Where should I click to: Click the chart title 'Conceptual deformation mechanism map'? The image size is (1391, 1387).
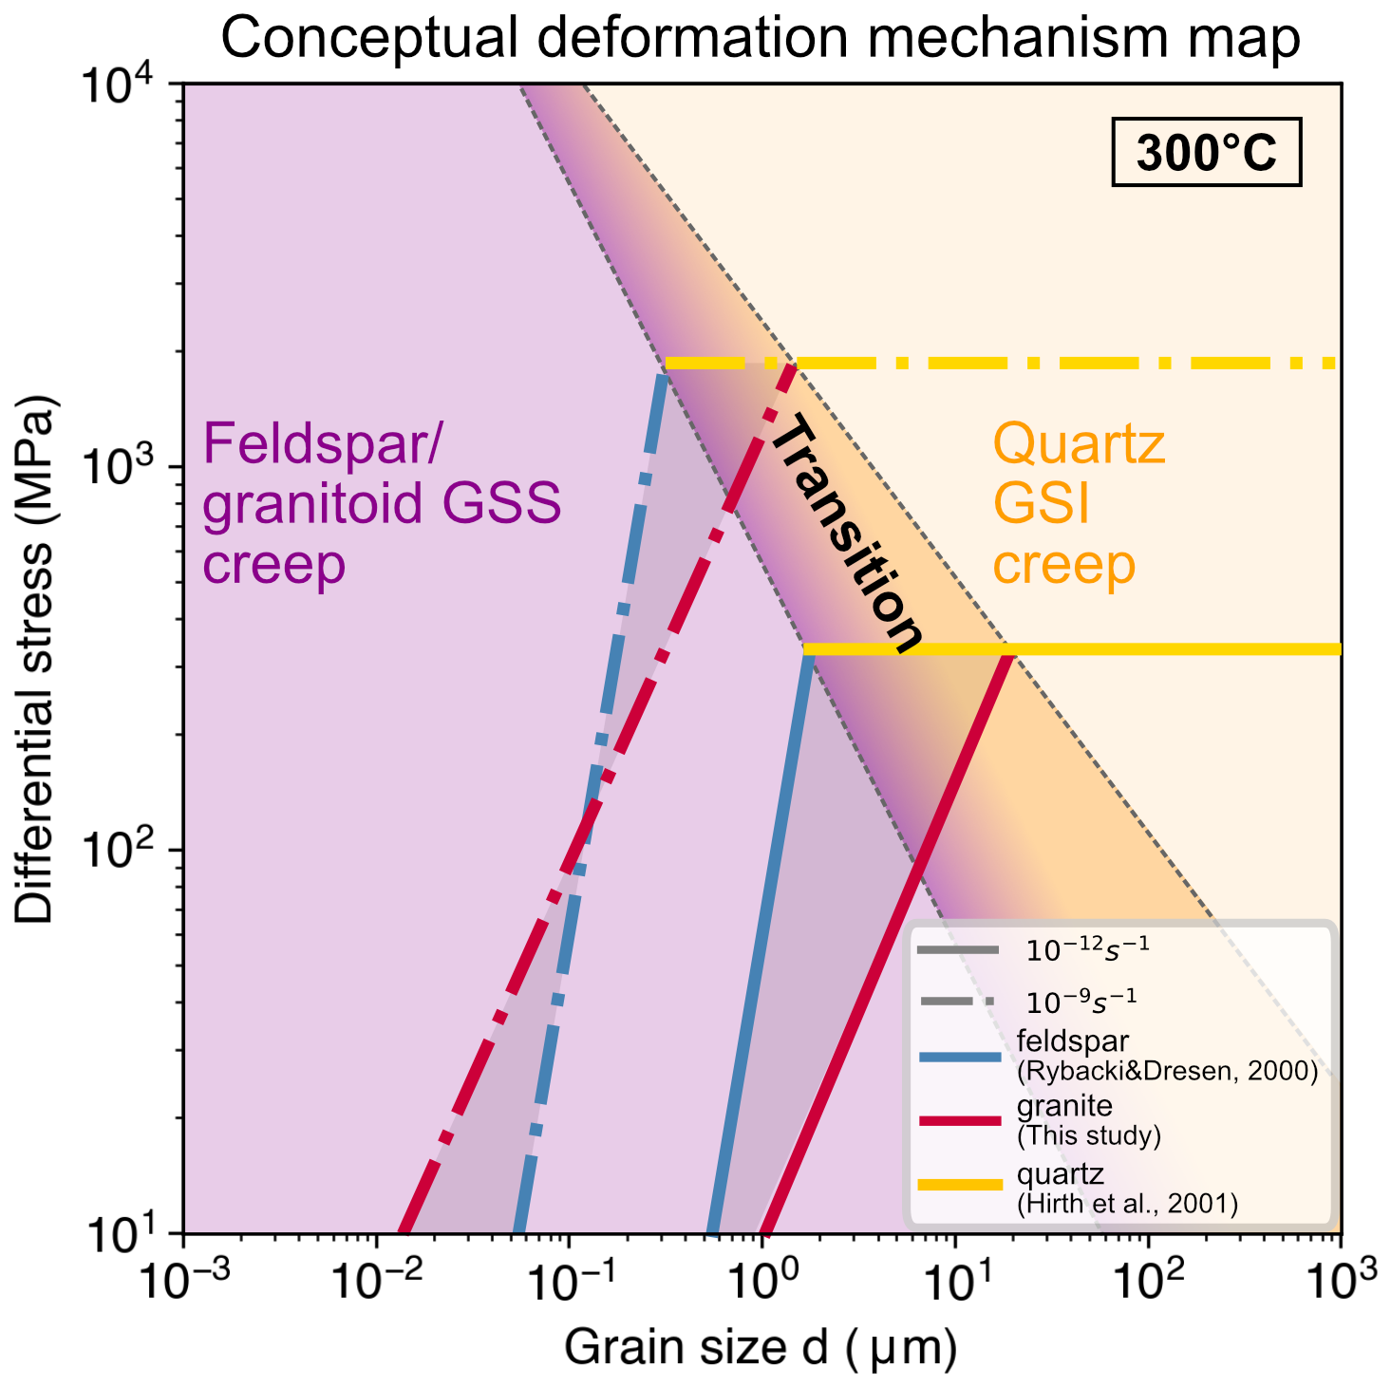(760, 38)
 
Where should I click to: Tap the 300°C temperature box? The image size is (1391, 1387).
(1206, 153)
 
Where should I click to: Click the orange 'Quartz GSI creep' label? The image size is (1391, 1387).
(1079, 504)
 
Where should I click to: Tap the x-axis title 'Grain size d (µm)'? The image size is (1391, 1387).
(760, 1347)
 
